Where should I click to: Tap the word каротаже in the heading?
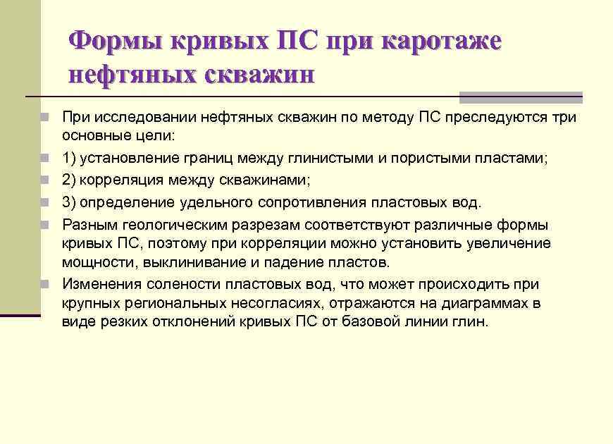(442, 42)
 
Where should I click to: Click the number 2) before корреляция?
(70, 181)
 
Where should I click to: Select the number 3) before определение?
(70, 203)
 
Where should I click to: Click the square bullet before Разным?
(44, 226)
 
